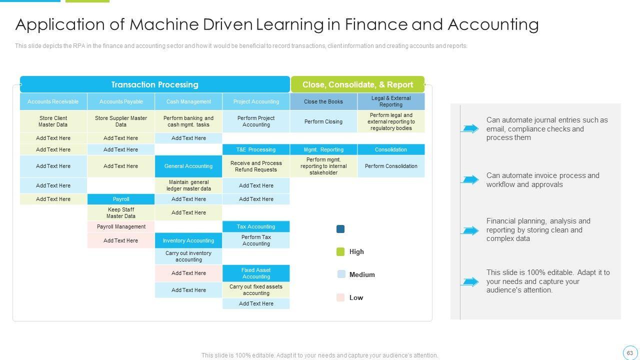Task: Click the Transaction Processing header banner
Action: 154,84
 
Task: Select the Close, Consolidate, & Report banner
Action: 357,84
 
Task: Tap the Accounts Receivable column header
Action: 53,101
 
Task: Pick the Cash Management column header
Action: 188,101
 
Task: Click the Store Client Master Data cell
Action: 53,121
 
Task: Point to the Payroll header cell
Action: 121,199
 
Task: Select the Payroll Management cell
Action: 121,226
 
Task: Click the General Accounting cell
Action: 188,166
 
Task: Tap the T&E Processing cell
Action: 256,149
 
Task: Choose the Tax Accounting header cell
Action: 256,226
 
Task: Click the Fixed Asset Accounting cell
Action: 256,273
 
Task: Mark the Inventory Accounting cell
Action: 188,240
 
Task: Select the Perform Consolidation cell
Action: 391,166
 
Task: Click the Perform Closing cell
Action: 323,121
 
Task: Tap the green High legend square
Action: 341,251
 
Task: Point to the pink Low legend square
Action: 341,297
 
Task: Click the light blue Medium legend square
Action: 341,274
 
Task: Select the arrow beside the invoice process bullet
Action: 470,179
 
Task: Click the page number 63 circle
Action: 629,352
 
